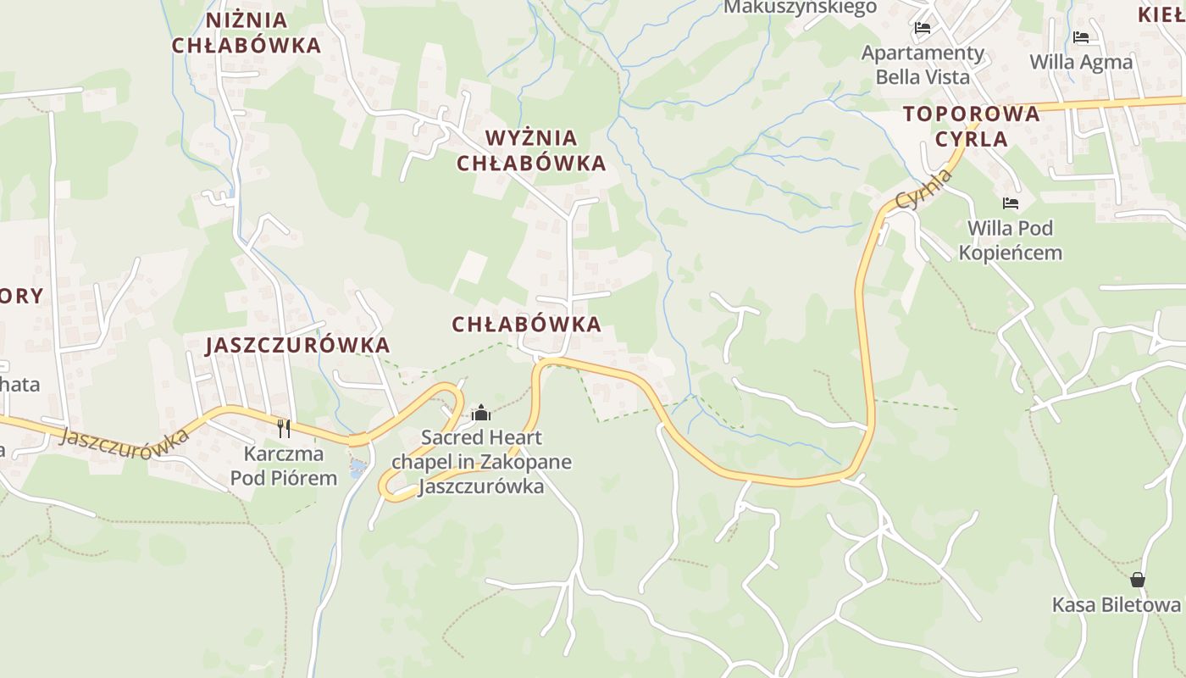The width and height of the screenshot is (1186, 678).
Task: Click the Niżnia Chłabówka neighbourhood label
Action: [x=247, y=32]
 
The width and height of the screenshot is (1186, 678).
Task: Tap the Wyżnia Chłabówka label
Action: [x=531, y=150]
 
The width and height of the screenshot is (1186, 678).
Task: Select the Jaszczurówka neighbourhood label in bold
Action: [x=297, y=345]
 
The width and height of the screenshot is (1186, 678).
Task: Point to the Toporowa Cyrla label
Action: [x=971, y=126]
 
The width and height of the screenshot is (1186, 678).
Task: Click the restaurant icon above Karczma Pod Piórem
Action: [x=284, y=429]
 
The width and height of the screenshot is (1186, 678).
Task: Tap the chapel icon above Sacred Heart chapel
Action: [x=481, y=413]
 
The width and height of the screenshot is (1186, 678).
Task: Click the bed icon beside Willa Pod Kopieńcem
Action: [x=1010, y=203]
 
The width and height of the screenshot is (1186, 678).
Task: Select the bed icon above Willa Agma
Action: [x=1080, y=37]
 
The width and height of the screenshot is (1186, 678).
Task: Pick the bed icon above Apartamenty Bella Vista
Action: [x=923, y=29]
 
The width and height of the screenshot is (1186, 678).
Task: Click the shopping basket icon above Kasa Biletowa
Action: [x=1137, y=581]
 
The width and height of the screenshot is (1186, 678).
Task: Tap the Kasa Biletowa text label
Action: [x=1116, y=605]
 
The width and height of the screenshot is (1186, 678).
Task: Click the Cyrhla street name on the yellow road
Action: [x=925, y=190]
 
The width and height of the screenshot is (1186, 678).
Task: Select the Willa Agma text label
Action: [x=1080, y=62]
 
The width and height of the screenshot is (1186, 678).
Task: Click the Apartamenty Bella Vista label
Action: [x=923, y=65]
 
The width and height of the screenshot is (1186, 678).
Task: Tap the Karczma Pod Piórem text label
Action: [x=284, y=466]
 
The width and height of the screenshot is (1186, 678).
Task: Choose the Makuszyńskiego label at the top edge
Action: [x=800, y=8]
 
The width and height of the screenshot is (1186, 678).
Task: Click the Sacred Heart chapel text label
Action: [x=481, y=462]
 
